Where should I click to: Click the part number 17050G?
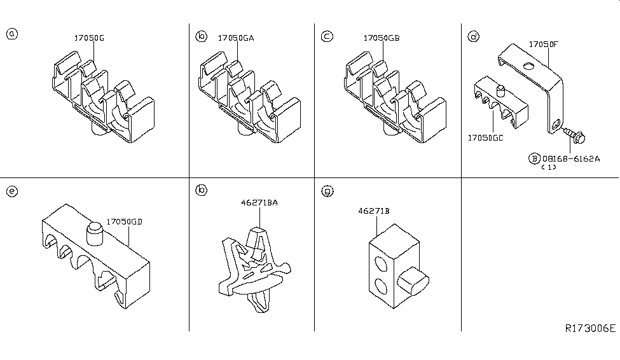(x=89, y=38)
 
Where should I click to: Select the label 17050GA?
(x=236, y=38)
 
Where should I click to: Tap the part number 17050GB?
(x=382, y=38)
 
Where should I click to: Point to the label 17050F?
(x=544, y=45)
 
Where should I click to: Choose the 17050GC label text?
(x=485, y=137)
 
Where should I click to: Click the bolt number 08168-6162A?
(x=570, y=158)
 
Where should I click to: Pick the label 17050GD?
(x=124, y=222)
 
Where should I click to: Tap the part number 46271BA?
(x=259, y=203)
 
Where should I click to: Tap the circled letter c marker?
(x=326, y=36)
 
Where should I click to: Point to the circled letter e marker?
(x=11, y=190)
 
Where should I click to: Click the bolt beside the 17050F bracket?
(x=576, y=135)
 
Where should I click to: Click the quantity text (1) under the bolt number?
(x=548, y=168)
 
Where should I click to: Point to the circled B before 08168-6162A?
(x=533, y=158)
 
